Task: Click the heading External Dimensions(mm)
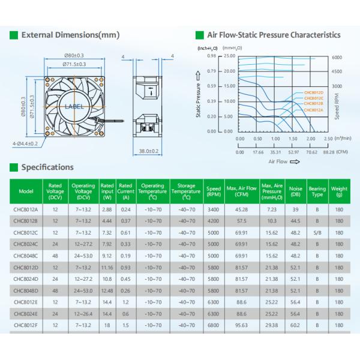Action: pyautogui.click(x=70, y=35)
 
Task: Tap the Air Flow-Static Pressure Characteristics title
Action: pyautogui.click(x=274, y=35)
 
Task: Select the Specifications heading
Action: pyautogui.click(x=47, y=167)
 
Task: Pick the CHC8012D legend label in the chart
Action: pyautogui.click(x=313, y=92)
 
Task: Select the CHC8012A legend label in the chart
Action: pyautogui.click(x=313, y=110)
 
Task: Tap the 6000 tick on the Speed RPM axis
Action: pyautogui.click(x=337, y=57)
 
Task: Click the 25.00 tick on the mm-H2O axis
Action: pyautogui.click(x=229, y=56)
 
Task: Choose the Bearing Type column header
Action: pyautogui.click(x=317, y=192)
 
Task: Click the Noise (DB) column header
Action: pyautogui.click(x=295, y=192)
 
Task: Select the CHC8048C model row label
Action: pyautogui.click(x=26, y=256)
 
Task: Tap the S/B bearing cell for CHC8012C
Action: pyautogui.click(x=317, y=233)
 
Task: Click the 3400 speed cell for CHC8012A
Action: pyautogui.click(x=213, y=210)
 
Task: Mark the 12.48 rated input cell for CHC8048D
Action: pyautogui.click(x=107, y=290)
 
